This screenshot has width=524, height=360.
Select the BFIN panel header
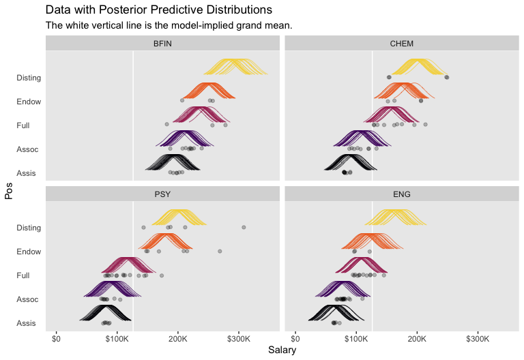click(x=163, y=44)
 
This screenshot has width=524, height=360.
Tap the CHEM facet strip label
click(x=401, y=44)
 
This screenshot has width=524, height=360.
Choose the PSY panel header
click(x=163, y=194)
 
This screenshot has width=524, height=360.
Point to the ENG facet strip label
click(x=401, y=194)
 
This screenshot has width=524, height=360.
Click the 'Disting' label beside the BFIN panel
click(x=29, y=78)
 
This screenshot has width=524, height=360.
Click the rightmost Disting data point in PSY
click(x=244, y=227)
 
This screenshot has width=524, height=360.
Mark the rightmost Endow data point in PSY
click(x=220, y=251)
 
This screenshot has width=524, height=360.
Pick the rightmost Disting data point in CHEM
click(x=447, y=77)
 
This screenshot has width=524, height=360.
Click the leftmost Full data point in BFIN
click(x=166, y=124)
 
